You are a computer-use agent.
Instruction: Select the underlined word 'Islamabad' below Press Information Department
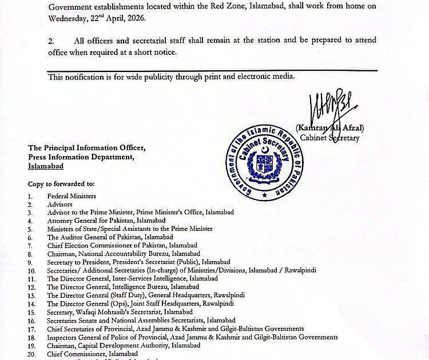tap(46, 166)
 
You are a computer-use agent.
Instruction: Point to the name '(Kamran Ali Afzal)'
tap(330, 128)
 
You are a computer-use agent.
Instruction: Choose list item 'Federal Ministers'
tap(71, 196)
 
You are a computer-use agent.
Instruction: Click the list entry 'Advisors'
tap(59, 204)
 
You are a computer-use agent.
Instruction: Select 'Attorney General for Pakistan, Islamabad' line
tap(106, 221)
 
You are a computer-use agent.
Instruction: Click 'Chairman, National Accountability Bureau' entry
tap(106, 253)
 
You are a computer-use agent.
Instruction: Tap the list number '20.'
tap(31, 354)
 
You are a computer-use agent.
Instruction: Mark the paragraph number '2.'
tap(51, 41)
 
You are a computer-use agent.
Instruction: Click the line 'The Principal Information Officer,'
tap(86, 148)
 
